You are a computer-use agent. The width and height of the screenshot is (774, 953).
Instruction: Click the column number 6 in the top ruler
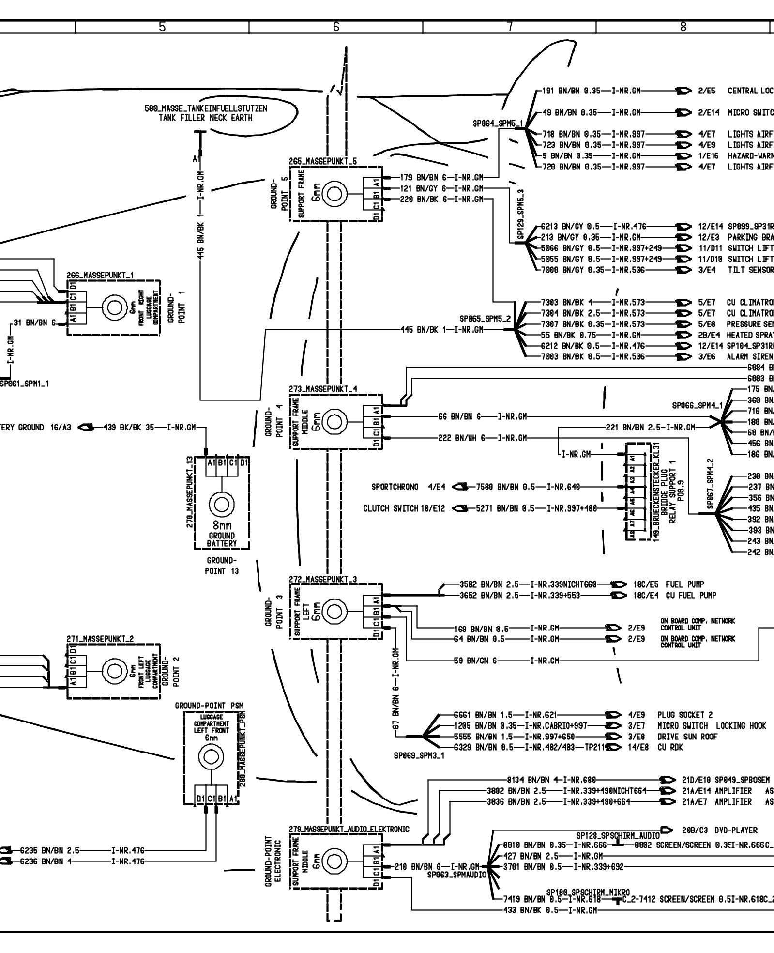[336, 27]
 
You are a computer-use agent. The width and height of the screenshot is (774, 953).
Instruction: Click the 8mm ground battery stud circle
[222, 505]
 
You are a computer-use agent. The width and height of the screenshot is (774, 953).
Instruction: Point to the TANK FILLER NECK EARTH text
[206, 118]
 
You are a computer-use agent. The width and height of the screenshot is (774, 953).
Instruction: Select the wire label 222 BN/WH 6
[462, 438]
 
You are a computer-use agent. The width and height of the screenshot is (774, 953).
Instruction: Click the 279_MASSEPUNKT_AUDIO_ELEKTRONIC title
[349, 829]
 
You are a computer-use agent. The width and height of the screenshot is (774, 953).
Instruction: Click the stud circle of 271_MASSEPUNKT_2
[114, 671]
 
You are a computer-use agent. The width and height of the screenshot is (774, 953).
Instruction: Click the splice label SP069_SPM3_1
[419, 755]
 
